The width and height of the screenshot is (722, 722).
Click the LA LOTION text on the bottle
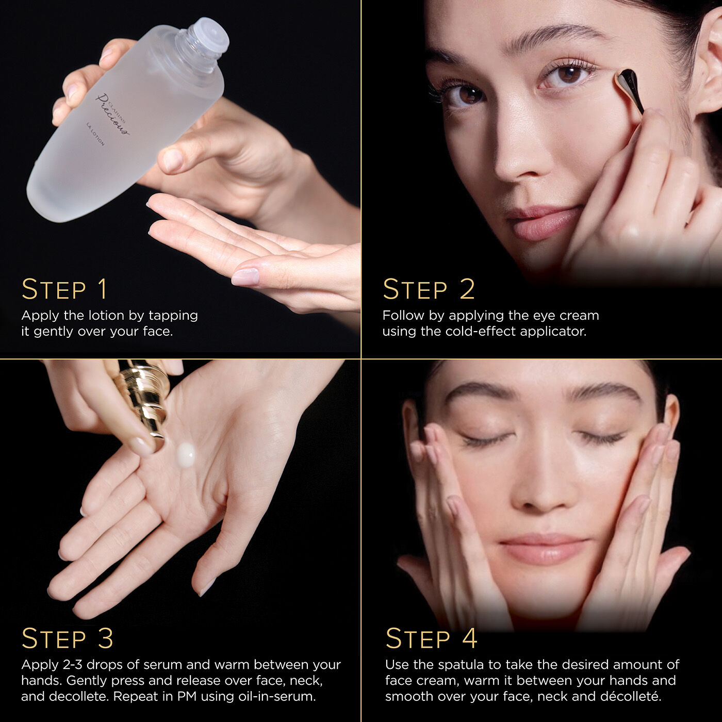(95, 133)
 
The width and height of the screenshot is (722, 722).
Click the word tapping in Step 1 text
(173, 316)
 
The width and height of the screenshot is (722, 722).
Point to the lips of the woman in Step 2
(541, 222)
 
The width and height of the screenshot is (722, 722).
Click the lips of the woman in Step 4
(544, 549)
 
